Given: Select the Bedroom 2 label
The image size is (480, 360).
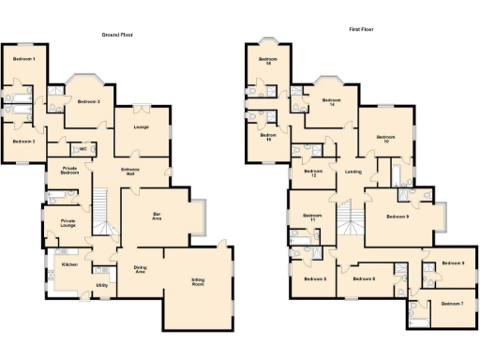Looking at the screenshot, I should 24,141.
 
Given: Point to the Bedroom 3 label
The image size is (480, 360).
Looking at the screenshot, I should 89,101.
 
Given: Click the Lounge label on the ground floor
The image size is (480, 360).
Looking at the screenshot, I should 142,126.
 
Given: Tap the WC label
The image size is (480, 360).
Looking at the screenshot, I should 82,149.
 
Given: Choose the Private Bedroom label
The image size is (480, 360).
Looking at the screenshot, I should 64,171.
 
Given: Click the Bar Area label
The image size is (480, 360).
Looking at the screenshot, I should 157,217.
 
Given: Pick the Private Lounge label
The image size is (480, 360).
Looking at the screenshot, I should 61,223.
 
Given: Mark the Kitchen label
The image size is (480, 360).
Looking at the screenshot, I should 68,265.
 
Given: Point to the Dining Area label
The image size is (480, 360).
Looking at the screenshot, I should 140,269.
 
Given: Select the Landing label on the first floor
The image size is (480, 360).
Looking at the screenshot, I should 352,172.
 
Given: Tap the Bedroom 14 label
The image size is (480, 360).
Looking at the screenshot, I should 327,103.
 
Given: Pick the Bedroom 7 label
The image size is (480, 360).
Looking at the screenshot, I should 452,304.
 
